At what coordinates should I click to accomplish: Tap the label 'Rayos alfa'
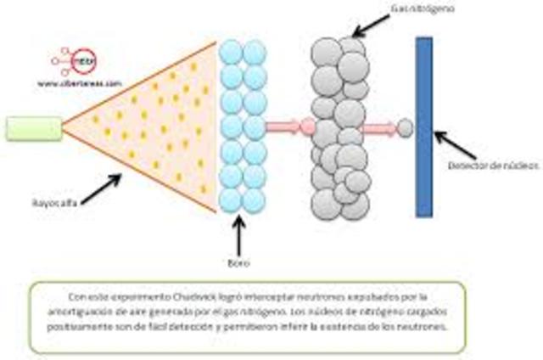tap(48, 203)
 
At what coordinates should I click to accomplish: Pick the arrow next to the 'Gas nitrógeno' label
tap(371, 25)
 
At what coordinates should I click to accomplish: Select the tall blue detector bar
tap(423, 127)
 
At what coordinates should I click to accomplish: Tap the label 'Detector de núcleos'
tap(493, 163)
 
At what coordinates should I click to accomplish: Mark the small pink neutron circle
tap(308, 128)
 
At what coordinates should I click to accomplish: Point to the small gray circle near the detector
tap(406, 128)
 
